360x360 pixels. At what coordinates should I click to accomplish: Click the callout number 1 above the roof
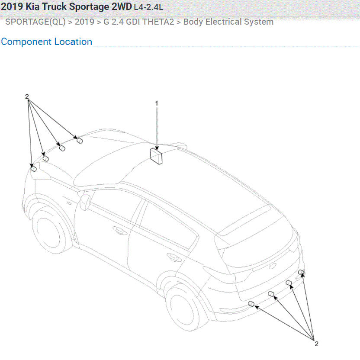click(x=157, y=103)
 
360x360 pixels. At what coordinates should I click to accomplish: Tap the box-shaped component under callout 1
click(x=156, y=156)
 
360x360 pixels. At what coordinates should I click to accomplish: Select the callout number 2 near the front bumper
click(x=27, y=96)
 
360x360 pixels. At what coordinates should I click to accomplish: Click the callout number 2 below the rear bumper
click(x=316, y=344)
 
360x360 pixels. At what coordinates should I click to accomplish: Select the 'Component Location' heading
click(x=46, y=42)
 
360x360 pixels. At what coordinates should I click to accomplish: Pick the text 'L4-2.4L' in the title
click(x=148, y=8)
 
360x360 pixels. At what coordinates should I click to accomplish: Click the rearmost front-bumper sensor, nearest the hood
click(x=80, y=141)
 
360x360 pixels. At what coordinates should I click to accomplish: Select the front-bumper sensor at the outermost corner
click(x=33, y=168)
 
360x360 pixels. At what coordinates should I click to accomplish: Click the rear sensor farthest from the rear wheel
click(x=302, y=272)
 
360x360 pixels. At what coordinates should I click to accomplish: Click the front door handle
click(x=118, y=229)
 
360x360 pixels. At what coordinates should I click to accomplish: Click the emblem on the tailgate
click(x=272, y=267)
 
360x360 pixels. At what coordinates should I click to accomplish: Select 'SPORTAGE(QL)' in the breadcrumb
click(x=35, y=22)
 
